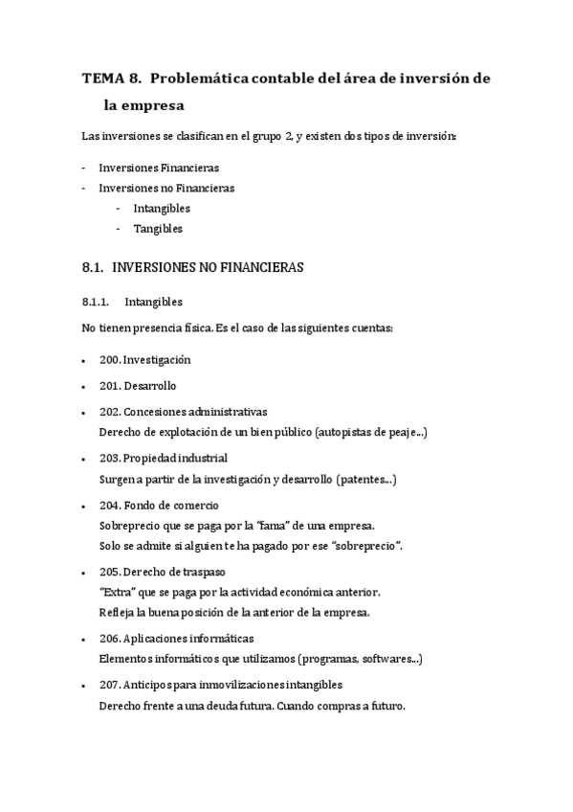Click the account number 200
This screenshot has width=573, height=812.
click(109, 360)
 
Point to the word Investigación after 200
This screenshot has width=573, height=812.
click(158, 360)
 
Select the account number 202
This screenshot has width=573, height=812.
click(109, 412)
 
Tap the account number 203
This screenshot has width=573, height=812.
click(109, 459)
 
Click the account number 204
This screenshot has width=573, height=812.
click(109, 506)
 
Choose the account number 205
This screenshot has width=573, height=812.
click(109, 572)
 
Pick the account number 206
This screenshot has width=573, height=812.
click(109, 638)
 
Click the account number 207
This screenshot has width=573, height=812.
click(109, 686)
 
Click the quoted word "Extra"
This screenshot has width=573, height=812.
click(117, 592)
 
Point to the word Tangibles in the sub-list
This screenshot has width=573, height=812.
click(158, 229)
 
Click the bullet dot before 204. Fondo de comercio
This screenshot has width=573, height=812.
click(87, 507)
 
